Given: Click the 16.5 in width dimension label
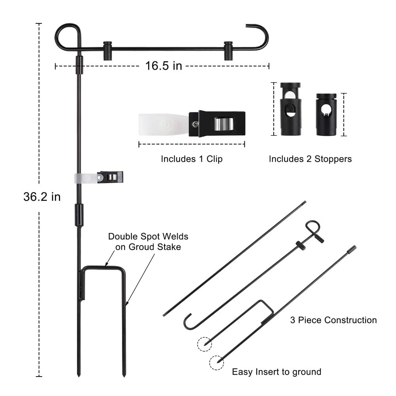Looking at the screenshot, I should [163, 66].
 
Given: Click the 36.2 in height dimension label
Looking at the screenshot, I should [42, 197].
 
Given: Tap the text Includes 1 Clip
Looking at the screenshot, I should [191, 159].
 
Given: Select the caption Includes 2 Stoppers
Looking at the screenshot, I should [310, 159].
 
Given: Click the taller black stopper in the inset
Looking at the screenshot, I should [291, 109].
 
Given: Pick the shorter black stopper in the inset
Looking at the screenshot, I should [326, 114].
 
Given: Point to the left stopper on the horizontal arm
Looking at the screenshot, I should [108, 51].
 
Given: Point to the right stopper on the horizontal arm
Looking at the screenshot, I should [228, 51].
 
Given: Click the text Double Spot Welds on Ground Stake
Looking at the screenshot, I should [148, 242].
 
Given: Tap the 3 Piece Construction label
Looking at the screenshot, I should [333, 320].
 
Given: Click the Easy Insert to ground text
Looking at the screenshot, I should [277, 372].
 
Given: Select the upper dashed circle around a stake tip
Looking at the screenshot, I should [204, 344].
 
